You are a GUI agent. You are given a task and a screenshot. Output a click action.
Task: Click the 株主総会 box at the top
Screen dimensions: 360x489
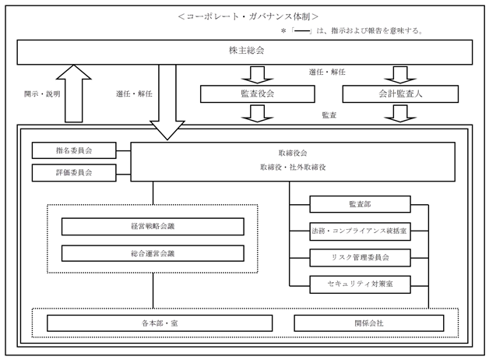pyautogui.click(x=244, y=52)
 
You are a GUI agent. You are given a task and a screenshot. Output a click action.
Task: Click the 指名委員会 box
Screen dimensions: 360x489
pyautogui.click(x=74, y=150)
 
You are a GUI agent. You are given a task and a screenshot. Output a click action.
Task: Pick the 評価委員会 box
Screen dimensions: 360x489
pyautogui.click(x=74, y=172)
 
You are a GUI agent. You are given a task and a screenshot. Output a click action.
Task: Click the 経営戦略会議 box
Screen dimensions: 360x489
pyautogui.click(x=153, y=227)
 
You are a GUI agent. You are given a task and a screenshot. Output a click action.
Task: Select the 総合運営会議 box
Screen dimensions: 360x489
pyautogui.click(x=153, y=253)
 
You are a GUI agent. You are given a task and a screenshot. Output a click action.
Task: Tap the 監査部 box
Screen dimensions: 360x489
pyautogui.click(x=359, y=205)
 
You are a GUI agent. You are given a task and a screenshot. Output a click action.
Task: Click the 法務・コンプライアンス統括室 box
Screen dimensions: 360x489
pyautogui.click(x=359, y=231)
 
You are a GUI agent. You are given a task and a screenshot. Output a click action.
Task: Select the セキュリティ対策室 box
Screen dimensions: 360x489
pyautogui.click(x=359, y=284)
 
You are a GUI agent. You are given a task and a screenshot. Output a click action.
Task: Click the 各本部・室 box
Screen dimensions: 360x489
pyautogui.click(x=159, y=323)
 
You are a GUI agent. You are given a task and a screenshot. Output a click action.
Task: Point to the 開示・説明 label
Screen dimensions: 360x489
pyautogui.click(x=41, y=94)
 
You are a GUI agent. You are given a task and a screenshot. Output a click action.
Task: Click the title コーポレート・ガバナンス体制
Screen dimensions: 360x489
pyautogui.click(x=247, y=16)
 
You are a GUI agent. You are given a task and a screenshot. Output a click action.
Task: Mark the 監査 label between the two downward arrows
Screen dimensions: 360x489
pyautogui.click(x=329, y=115)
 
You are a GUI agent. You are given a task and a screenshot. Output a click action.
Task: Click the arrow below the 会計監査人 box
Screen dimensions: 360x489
pyautogui.click(x=399, y=114)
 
